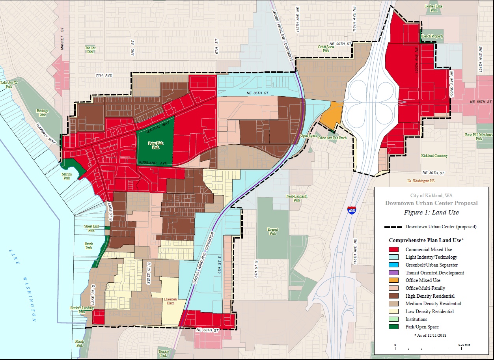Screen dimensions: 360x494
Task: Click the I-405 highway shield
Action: [352, 211]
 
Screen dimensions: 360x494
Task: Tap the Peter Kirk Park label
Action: [156, 145]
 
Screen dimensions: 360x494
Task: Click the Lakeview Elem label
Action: [171, 301]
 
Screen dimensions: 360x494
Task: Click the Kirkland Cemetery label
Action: [434, 156]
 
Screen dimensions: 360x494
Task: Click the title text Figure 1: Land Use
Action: [431, 213]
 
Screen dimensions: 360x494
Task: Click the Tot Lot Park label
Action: [90, 50]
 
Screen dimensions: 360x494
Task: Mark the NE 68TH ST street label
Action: [207, 330]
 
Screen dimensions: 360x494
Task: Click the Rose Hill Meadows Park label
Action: [479, 136]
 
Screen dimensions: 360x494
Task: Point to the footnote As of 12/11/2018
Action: [431, 335]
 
